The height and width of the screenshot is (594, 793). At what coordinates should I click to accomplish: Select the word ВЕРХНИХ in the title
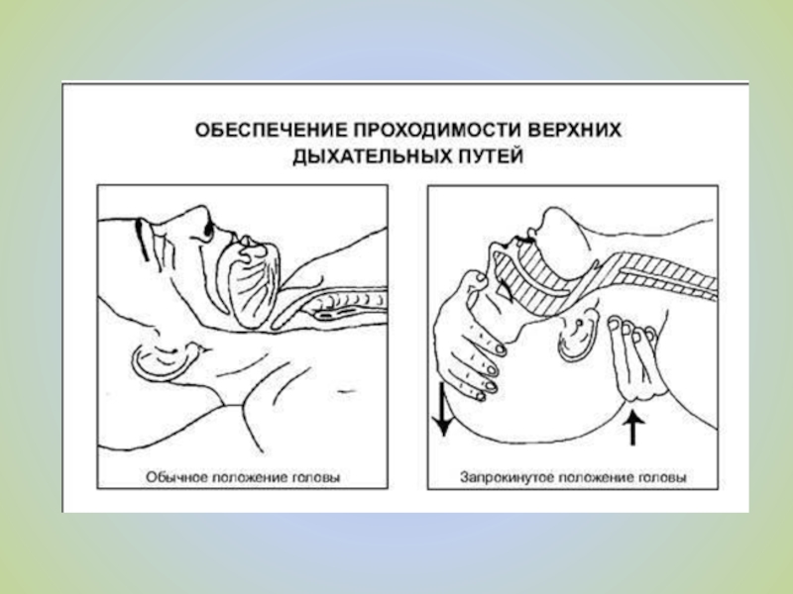click(x=575, y=131)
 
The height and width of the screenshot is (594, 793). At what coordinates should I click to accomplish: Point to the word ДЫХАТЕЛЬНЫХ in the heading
click(x=372, y=156)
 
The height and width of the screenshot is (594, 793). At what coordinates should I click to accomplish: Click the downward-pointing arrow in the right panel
click(x=443, y=409)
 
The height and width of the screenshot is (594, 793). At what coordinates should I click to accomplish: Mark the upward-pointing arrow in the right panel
click(x=632, y=429)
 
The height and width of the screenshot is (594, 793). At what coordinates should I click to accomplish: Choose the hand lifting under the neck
click(x=633, y=359)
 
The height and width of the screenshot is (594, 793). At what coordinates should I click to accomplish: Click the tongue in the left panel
click(x=252, y=288)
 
